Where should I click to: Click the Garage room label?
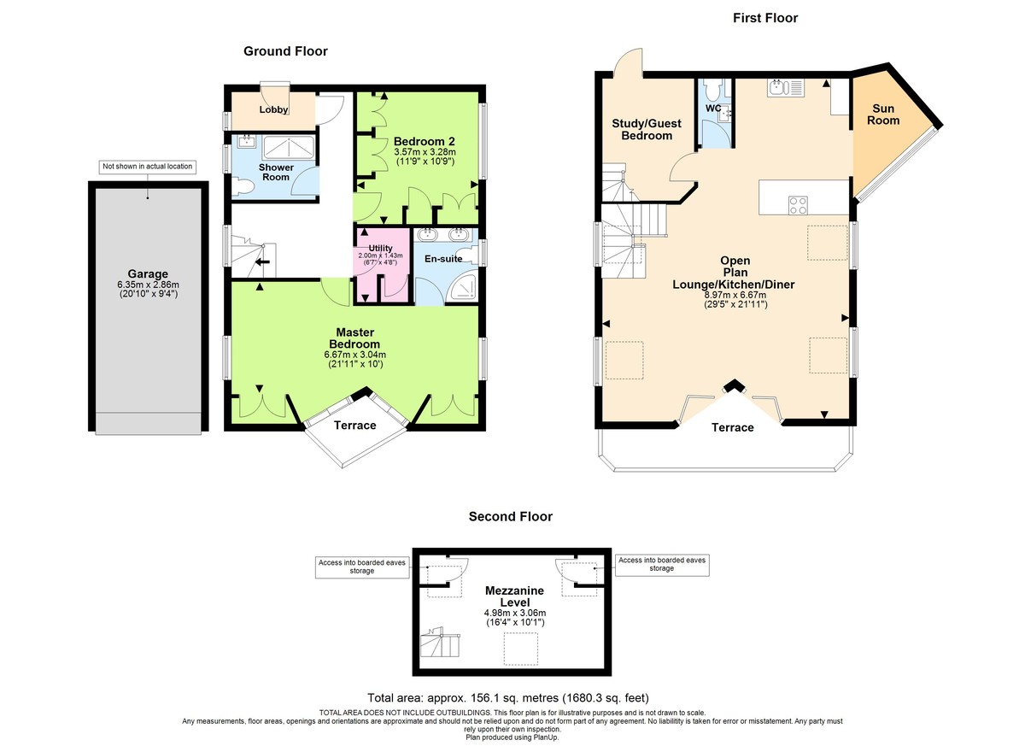149,274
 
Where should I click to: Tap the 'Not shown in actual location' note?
147,167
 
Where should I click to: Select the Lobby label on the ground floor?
274,109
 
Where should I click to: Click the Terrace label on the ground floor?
354,425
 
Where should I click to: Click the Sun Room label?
885,115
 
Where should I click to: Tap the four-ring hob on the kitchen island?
798,204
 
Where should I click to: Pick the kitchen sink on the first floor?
778,87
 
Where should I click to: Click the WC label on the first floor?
713,109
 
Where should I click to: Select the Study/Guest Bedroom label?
647,130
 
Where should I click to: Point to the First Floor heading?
764,17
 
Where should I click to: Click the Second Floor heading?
510,516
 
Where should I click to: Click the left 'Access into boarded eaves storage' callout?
362,566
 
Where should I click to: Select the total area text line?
513,697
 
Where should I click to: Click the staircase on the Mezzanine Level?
442,641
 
